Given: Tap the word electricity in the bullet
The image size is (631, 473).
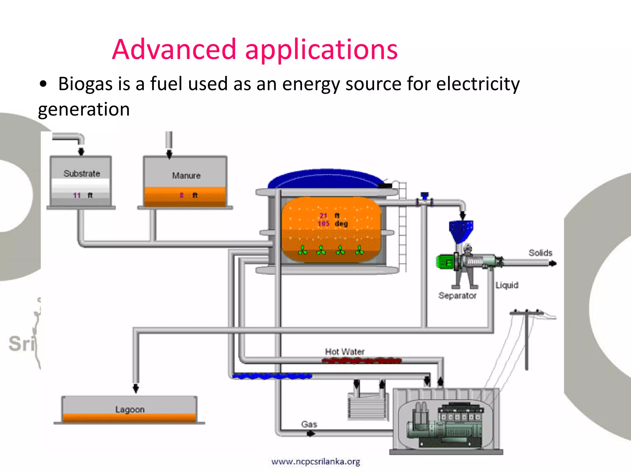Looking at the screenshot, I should click(x=478, y=84).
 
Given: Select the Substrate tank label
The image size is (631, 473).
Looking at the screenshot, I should click(x=82, y=174).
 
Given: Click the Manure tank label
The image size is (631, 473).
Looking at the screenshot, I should click(x=186, y=176).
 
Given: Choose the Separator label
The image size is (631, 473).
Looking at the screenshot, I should click(x=457, y=296).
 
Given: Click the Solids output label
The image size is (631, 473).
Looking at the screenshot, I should click(x=540, y=253).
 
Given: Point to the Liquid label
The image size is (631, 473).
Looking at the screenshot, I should click(x=507, y=285).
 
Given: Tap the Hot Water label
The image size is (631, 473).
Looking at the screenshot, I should click(x=344, y=352).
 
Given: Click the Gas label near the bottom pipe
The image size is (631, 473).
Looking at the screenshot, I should click(x=309, y=424).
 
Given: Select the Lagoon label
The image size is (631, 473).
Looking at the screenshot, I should click(x=130, y=410).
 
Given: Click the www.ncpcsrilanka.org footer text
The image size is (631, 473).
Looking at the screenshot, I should click(x=315, y=462).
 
